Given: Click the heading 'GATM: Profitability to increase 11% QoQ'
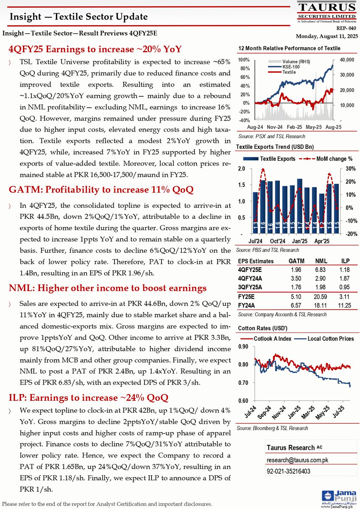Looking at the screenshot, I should click(101, 190).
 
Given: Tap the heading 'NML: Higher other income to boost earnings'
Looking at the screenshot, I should click(108, 288).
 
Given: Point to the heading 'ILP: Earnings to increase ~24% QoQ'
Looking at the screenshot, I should click(89, 397).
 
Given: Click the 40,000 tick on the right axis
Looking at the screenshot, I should click(346, 60).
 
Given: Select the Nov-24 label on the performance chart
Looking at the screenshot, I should click(274, 127).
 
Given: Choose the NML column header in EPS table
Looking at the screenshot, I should click(321, 261).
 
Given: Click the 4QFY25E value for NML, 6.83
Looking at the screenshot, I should click(321, 270).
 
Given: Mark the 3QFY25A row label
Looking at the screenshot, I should click(251, 287).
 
